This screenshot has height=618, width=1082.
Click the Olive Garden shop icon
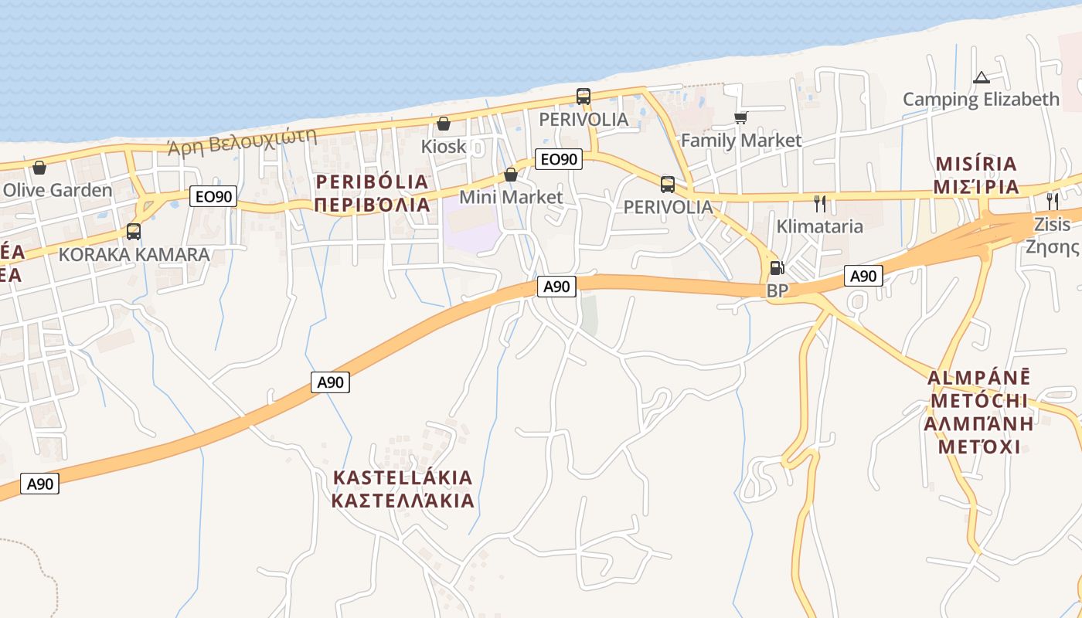pyautogui.click(x=39, y=168)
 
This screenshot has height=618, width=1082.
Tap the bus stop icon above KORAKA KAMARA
pyautogui.click(x=134, y=231)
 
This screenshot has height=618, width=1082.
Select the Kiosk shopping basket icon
pyautogui.click(x=444, y=124)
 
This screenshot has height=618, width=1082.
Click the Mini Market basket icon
pyautogui.click(x=511, y=175)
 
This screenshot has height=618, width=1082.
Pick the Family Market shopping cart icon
pyautogui.click(x=740, y=117)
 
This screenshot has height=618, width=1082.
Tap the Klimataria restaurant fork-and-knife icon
pyautogui.click(x=820, y=204)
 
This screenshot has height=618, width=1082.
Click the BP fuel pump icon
pyautogui.click(x=777, y=269)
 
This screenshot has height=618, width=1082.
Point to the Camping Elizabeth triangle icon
pyautogui.click(x=982, y=77)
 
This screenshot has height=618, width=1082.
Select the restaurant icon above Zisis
pyautogui.click(x=1052, y=202)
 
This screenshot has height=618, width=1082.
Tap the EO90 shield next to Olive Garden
pyautogui.click(x=213, y=197)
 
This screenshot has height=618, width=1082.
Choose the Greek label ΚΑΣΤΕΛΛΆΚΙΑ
pyautogui.click(x=402, y=501)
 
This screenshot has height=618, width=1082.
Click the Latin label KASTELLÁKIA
pyautogui.click(x=402, y=477)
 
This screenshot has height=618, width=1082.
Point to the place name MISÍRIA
pyautogui.click(x=976, y=164)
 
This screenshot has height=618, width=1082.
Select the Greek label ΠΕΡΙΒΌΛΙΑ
pyautogui.click(x=372, y=205)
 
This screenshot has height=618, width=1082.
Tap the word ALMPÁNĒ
pyautogui.click(x=978, y=378)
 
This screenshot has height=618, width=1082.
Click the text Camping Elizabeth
pyautogui.click(x=981, y=100)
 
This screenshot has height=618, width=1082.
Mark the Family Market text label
pyautogui.click(x=741, y=141)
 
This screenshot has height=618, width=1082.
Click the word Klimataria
pyautogui.click(x=819, y=227)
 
